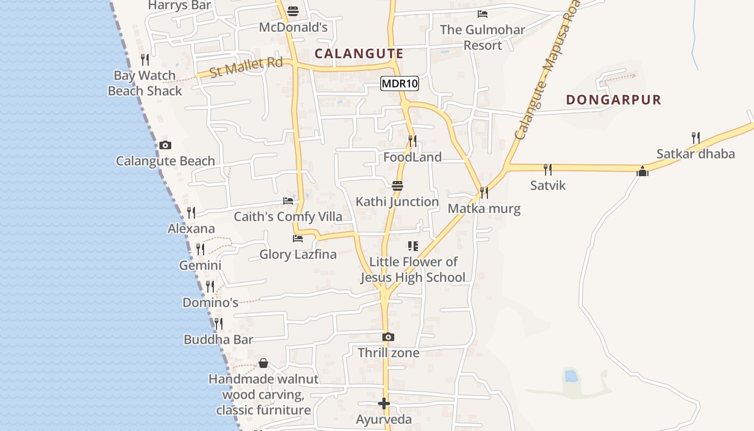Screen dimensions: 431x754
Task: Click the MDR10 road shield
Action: coord(400,84)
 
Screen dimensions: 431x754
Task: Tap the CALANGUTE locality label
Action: coord(359,53)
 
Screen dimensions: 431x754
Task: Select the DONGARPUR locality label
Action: coord(613,100)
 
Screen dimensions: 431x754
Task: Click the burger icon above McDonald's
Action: coord(293,11)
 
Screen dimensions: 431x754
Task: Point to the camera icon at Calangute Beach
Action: coord(165,145)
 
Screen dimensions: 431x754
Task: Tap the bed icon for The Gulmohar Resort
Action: coord(483,14)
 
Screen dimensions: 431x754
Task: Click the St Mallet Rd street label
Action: coord(246,67)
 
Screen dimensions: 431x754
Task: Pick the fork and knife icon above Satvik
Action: coord(548,170)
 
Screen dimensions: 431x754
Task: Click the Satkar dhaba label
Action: coord(695,154)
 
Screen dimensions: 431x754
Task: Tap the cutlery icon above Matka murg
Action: coord(484,192)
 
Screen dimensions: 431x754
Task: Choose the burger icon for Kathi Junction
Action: coord(397,186)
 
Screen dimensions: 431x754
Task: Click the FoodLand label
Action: coord(413,157)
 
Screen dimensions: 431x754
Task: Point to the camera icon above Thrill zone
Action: coord(388,337)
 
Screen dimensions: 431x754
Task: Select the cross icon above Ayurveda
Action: coord(384,403)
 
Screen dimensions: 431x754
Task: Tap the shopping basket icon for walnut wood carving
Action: coord(263,363)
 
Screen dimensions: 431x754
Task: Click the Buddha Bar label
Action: coord(218,339)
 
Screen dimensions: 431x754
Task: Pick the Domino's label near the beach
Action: coord(210,302)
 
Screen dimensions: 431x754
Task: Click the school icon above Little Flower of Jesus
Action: coord(413,246)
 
